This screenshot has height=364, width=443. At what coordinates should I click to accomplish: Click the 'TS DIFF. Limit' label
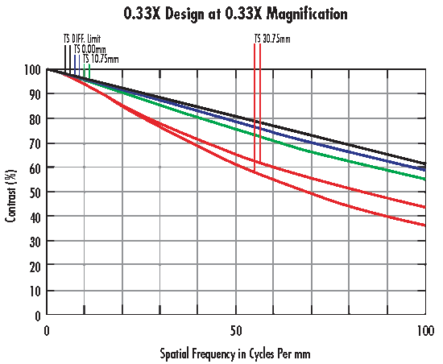82,39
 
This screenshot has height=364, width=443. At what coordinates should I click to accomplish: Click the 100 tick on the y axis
32,70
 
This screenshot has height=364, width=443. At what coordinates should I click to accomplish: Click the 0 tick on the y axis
37,315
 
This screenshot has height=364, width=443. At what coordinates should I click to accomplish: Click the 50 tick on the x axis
236,330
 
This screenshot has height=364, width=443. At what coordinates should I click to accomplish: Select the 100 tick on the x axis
424,330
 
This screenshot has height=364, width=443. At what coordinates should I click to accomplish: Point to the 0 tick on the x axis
48,330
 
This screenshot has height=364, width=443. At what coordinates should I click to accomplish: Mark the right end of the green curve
424,179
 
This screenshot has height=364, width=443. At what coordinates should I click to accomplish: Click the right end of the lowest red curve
424,226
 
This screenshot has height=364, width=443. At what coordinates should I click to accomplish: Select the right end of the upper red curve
424,208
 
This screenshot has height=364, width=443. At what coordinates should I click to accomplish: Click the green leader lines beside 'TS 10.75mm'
87,71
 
